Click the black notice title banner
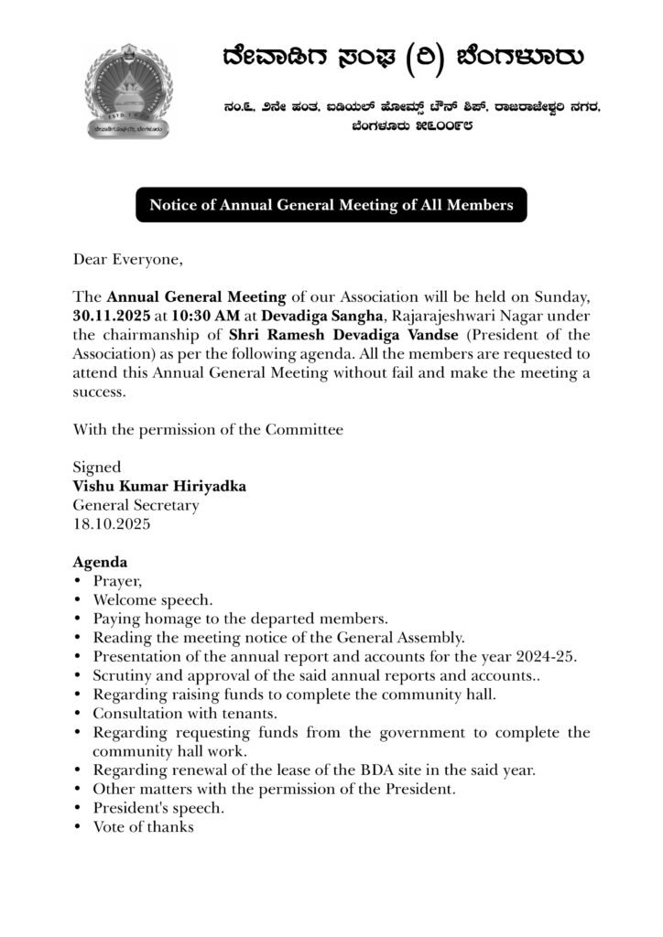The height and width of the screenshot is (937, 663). coord(331,205)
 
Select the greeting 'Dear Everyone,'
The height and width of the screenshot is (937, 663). coord(128,259)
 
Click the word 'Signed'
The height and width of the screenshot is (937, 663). coord(96,467)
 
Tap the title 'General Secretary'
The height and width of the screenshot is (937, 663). coord(136,505)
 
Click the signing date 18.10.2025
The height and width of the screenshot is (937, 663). coord(114,524)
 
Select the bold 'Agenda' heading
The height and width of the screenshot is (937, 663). coord(100,562)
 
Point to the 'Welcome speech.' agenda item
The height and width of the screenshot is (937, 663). coord(153,600)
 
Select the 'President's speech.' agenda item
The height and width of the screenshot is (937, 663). coord(158,809)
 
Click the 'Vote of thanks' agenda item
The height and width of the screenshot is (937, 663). coord(143,827)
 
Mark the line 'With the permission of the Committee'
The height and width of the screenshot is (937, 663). coord(208,428)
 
